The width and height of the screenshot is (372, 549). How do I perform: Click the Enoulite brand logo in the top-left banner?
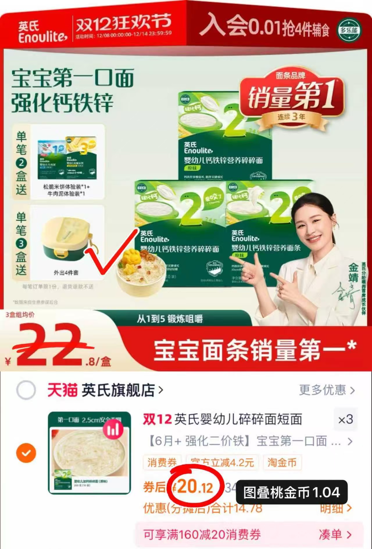pos(42,32)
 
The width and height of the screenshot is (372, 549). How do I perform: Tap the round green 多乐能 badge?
pos(349,30)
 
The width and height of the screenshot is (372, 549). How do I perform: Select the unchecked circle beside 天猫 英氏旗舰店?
pos(26,390)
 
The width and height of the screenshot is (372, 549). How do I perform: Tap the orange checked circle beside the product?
pos(26,453)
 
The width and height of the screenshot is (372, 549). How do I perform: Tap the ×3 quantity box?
pos(346,419)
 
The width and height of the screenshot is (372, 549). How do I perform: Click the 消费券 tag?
pos(162,462)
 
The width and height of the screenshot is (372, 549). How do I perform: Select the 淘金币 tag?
pos(282,462)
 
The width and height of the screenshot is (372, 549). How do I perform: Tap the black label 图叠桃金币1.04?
pos(291,492)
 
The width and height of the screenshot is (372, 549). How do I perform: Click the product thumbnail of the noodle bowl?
pos(89,453)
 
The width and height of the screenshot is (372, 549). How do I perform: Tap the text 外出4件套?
pos(66,273)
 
